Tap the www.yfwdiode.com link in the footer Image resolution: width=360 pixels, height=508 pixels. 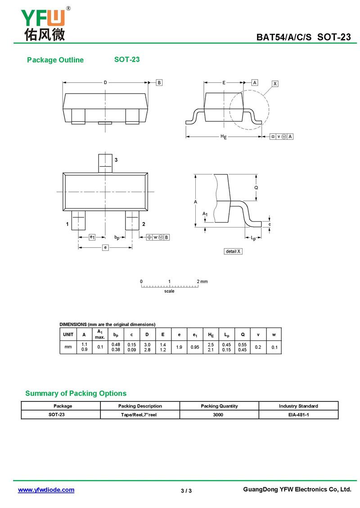pos(46,490)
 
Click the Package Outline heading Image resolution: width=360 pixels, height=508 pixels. pos(55,60)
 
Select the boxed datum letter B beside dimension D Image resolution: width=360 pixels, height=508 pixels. pos(159,82)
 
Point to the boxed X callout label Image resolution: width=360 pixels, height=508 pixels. pos(275,84)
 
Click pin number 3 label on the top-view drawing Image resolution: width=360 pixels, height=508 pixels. pos(116,160)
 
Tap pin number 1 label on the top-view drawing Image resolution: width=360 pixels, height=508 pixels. pos(67,224)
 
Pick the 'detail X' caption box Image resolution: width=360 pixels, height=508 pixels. pos(233,251)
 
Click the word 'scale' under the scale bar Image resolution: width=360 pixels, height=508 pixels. pos(169,291)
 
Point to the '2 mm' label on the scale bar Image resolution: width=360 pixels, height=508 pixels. pos(202,281)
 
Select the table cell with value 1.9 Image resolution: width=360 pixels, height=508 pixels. pos(179,347)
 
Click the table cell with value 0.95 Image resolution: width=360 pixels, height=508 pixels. pos(195,347)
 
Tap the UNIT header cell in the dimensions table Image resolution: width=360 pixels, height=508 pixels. pos(68,334)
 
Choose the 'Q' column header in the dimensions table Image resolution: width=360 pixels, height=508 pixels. pos(243,334)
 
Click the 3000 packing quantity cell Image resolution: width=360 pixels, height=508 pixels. pos(219,415)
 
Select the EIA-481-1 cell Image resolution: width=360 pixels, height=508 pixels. pos(298,415)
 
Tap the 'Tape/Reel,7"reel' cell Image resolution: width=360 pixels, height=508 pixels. pos(139,415)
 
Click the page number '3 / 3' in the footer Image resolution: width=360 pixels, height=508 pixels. pos(186,490)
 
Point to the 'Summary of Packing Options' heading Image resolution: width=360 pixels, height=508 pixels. pos(76,393)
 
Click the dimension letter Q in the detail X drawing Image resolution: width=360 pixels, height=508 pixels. pos(256,187)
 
